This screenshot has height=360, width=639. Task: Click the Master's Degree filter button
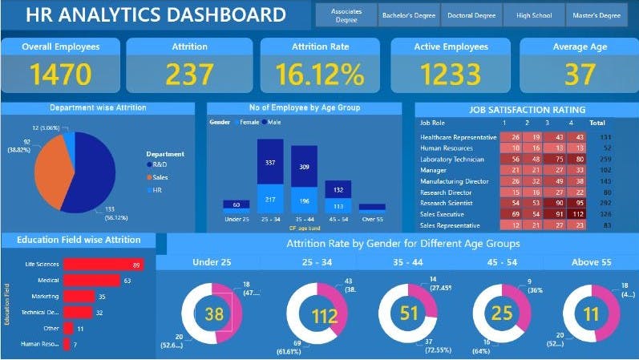point(597,14)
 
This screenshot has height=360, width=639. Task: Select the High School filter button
point(534,14)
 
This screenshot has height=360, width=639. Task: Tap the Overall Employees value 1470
point(61,74)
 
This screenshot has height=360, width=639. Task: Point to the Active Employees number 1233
point(451,74)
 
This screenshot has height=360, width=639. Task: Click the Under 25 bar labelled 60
point(237,205)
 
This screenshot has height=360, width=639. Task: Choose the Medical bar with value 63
point(92,281)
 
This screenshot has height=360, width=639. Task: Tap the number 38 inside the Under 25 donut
point(213,314)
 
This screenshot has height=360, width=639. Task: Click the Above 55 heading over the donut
point(591,261)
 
